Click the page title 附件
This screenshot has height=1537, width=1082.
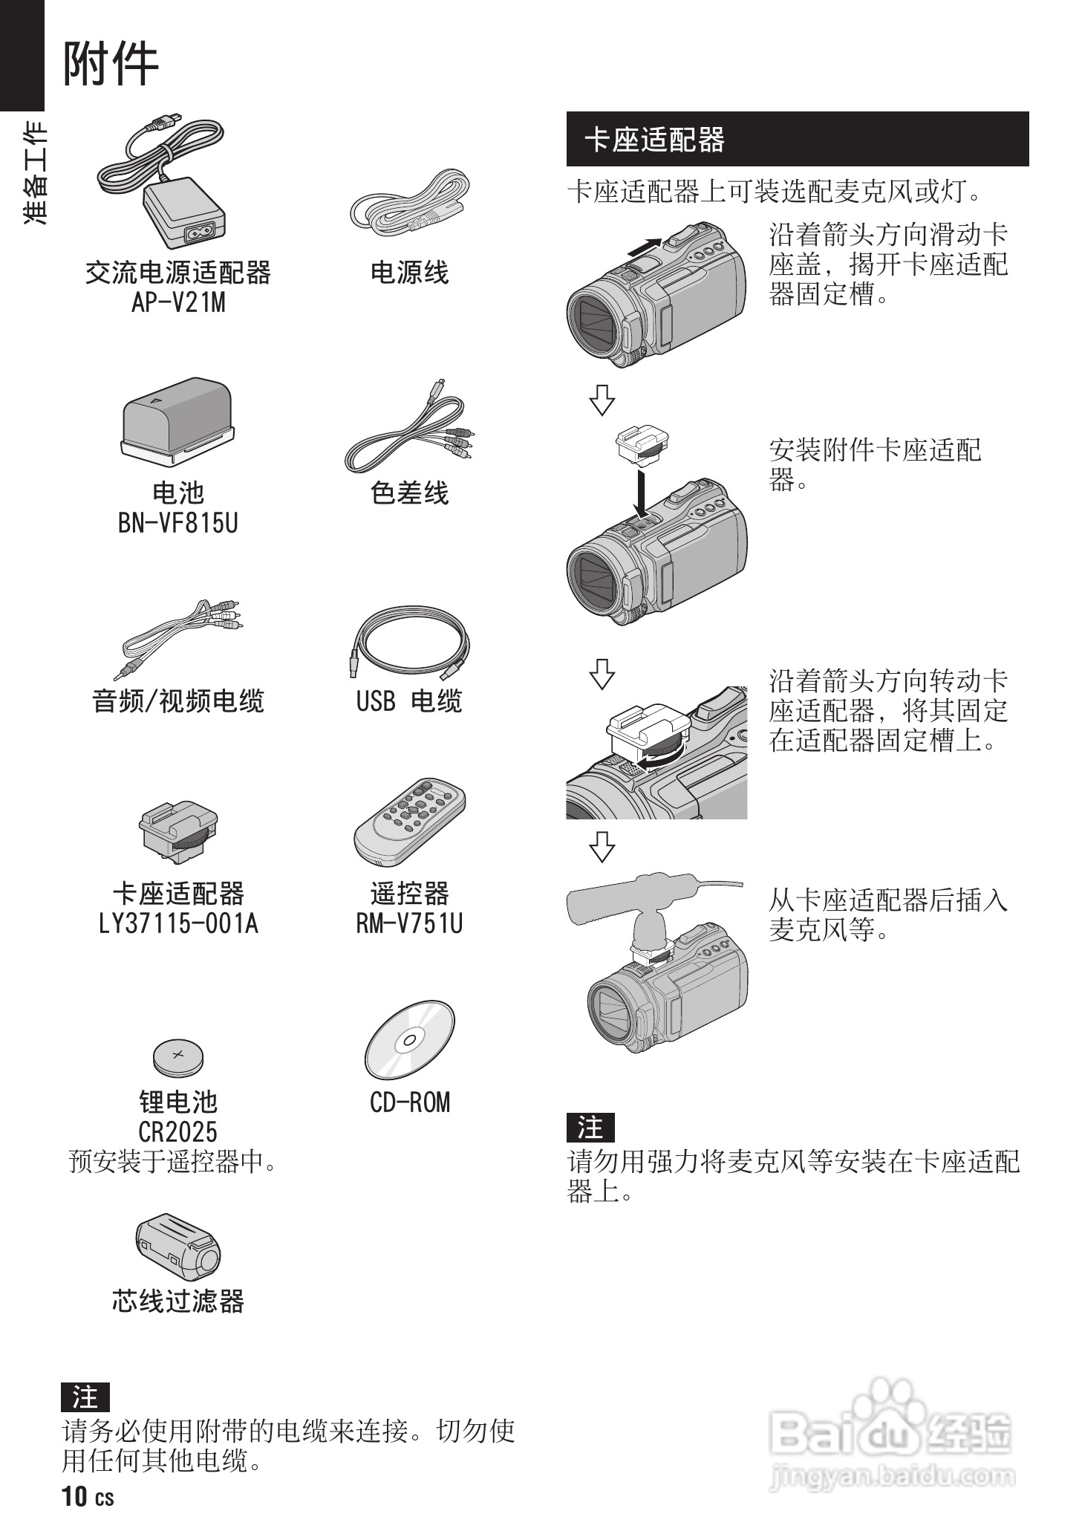pos(110,64)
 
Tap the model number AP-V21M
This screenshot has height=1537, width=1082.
pos(178,302)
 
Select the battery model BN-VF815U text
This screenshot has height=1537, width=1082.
pos(178,523)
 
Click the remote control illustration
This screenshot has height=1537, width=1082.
pos(409,823)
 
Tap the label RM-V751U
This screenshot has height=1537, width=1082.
pos(409,923)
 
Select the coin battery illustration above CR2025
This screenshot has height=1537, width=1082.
pos(178,1056)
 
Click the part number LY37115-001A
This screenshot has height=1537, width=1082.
pos(178,923)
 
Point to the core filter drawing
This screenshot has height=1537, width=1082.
pos(178,1247)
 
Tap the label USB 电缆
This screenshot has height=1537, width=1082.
pos(409,701)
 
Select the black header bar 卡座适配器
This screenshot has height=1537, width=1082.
pos(797,139)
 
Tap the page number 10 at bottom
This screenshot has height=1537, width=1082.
pos(75,1495)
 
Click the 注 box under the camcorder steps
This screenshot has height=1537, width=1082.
pos(590,1128)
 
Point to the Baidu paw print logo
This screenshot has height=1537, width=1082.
pos(889,1401)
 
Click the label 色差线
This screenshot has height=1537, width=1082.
pos(409,493)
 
